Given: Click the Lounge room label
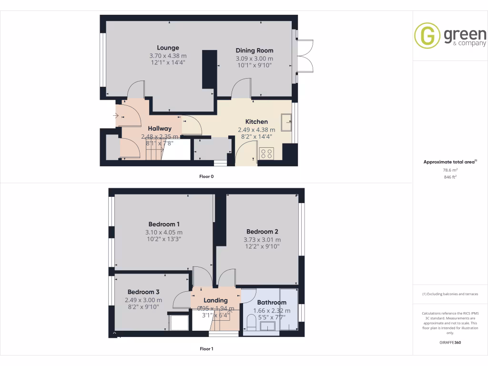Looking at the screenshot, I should point(168,48).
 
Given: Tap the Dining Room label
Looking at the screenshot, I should point(254,51).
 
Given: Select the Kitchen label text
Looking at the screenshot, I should point(256,122).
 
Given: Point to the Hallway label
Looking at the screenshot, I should point(159,129).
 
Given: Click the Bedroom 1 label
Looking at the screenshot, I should point(164,224).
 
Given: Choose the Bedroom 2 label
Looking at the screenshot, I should point(259,232).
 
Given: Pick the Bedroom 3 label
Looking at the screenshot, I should point(143,292).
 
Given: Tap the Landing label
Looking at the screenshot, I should point(215,301).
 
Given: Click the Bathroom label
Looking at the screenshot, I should point(272,303).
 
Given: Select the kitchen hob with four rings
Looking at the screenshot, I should point(265,153).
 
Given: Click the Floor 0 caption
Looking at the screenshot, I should point(206,176).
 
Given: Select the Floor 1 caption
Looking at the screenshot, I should point(206,349).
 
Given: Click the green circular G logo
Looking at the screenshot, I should point(427,36).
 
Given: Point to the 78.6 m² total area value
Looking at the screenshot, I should point(450,170).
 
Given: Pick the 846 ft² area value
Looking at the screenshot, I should point(450,177).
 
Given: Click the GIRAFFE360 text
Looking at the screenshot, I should point(450,343).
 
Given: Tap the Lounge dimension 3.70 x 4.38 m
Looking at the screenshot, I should point(168,55).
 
